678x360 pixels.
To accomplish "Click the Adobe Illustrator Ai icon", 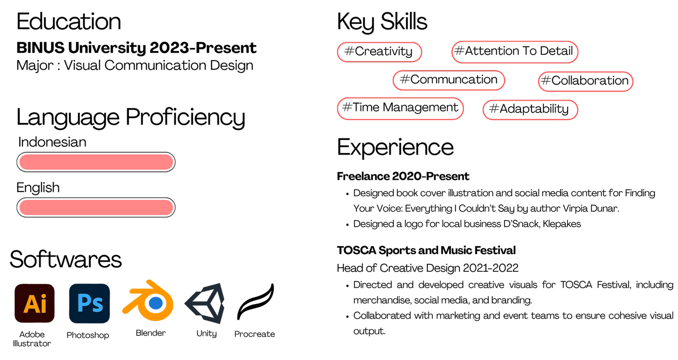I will (x=34, y=303).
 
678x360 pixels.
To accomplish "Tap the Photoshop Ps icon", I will (x=89, y=303).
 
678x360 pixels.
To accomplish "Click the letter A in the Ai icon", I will (x=31, y=304).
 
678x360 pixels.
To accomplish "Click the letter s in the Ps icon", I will (x=97, y=305).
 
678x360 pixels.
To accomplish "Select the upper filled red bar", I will (x=96, y=162).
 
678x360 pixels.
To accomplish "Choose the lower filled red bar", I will (x=96, y=208).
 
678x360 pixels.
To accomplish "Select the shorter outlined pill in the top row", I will (x=379, y=52).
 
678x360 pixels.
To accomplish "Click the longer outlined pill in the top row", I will (x=515, y=52).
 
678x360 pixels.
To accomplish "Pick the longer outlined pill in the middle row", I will (x=448, y=80).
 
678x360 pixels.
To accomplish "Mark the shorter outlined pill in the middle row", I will (x=586, y=82).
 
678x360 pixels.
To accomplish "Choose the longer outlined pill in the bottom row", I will (x=400, y=109).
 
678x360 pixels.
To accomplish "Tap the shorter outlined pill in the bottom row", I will (x=530, y=110).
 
